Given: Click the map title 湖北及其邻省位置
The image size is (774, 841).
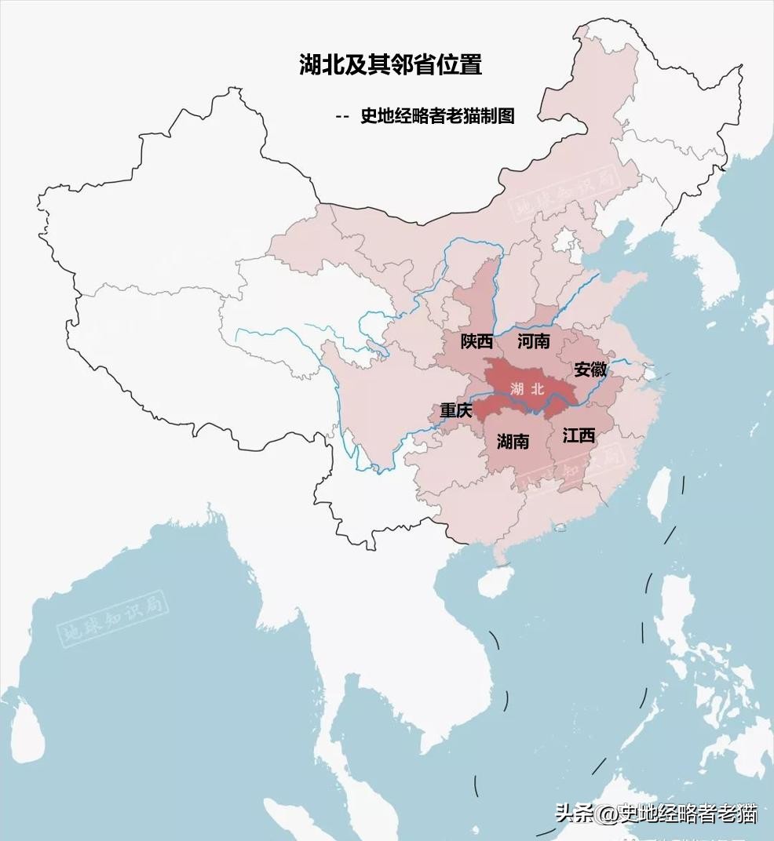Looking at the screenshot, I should pos(390,64).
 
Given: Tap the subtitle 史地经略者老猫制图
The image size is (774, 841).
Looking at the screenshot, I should pos(437,116).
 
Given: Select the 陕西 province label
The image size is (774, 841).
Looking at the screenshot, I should pos(476,342).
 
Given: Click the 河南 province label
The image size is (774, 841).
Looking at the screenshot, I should pos(534,342).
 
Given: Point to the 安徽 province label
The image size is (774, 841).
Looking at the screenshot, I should pos(590,370).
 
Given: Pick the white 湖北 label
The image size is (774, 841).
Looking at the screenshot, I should pos(526,388).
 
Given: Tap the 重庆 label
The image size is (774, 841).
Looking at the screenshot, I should pos(455,410).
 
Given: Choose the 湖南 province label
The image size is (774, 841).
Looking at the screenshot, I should pos(513,442).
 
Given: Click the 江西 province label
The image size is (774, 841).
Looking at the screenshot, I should pos(579,436).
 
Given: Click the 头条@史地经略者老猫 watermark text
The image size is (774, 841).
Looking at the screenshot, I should pos(656,814).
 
